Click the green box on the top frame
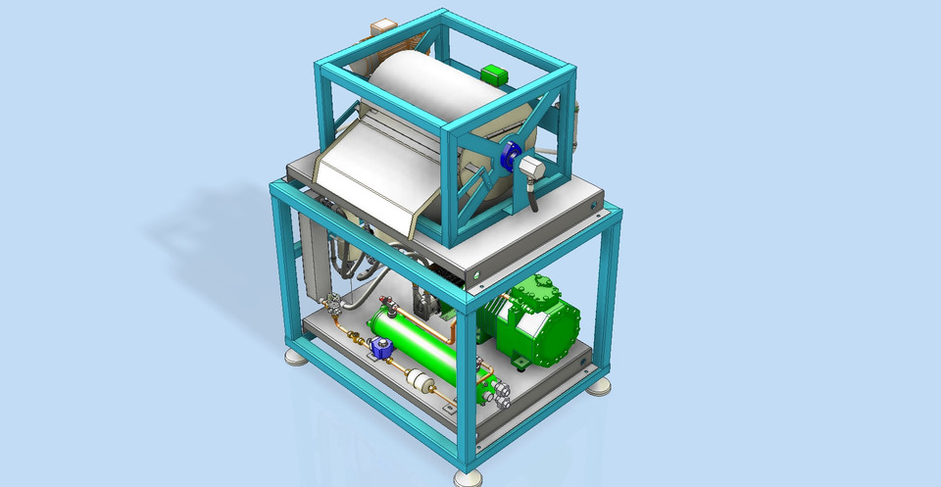click(492, 73)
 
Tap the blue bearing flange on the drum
click(509, 156)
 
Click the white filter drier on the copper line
click(420, 382)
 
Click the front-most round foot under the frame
click(469, 478)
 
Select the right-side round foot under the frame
click(599, 386)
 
